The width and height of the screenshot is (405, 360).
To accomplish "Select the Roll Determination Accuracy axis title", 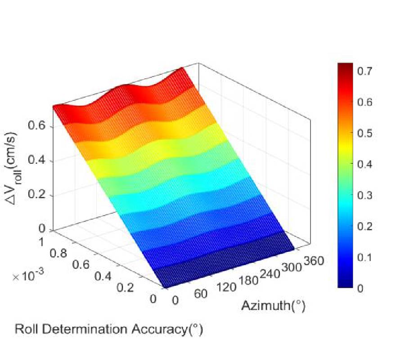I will (109, 329).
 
